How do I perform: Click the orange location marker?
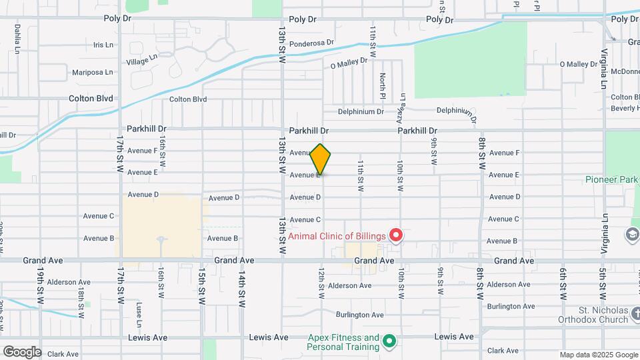click(321, 159)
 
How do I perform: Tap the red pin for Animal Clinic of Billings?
click(396, 235)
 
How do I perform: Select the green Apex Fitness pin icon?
click(389, 343)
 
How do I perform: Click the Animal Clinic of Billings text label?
click(337, 236)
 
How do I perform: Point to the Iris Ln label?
click(105, 45)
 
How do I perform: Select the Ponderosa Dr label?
click(311, 41)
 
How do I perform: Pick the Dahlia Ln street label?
click(17, 39)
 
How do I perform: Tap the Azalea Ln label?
click(402, 104)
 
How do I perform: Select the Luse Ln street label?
click(139, 310)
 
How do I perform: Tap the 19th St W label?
click(41, 284)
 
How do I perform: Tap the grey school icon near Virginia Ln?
click(631, 234)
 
